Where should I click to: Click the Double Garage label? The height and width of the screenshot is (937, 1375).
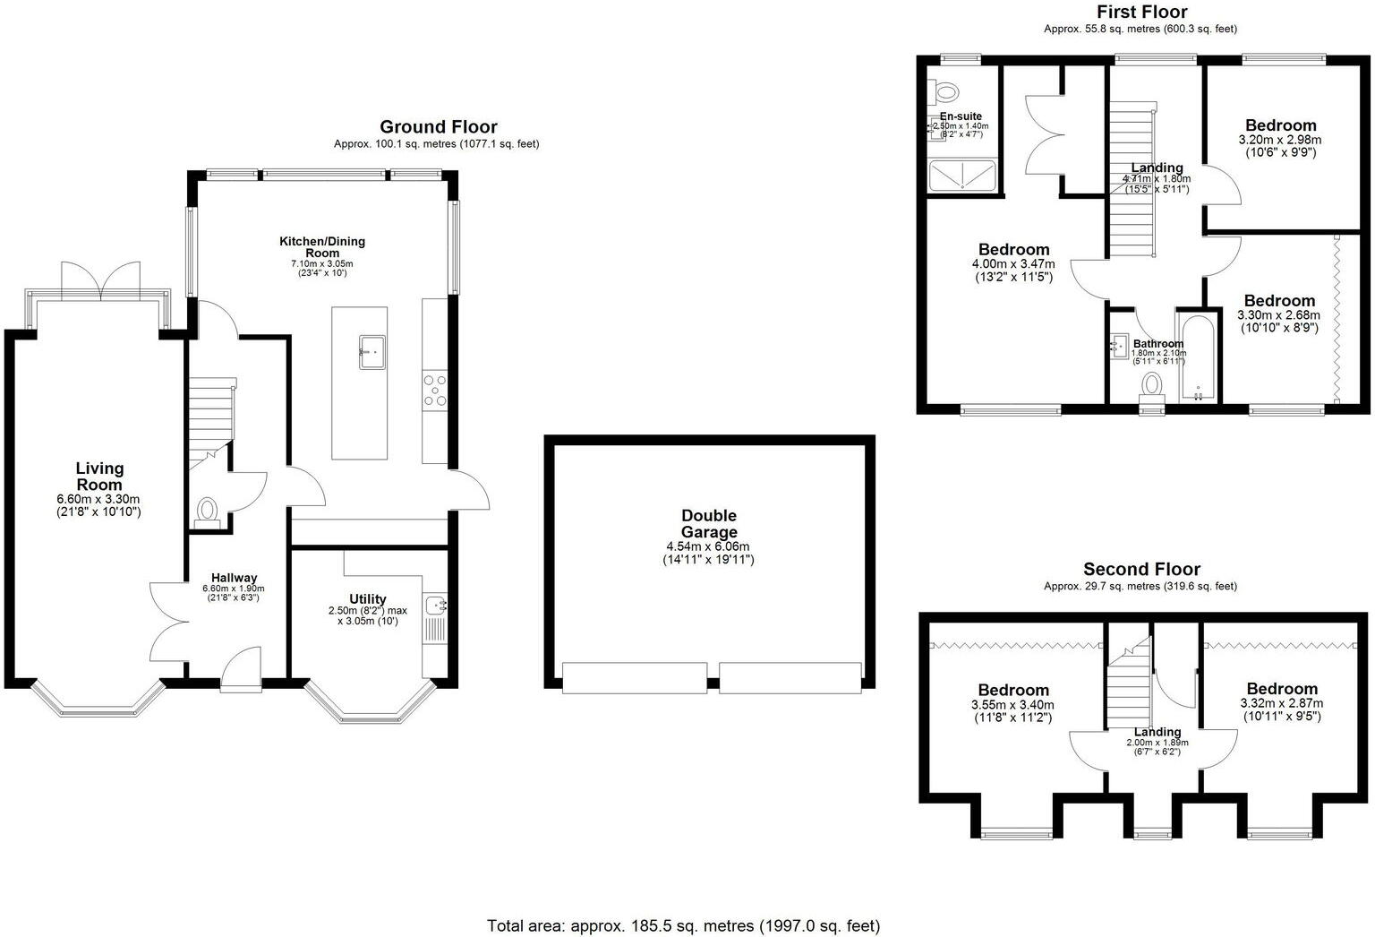(709, 523)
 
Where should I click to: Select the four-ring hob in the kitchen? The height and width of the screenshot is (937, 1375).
(435, 391)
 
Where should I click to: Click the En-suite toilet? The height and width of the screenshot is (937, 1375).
(944, 91)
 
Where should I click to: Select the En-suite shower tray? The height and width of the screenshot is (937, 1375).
(962, 176)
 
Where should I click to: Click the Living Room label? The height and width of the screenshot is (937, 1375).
(99, 476)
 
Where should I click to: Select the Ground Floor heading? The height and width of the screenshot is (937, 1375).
(438, 126)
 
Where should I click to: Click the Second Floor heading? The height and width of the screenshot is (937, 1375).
(1141, 569)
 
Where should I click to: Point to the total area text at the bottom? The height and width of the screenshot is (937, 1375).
(683, 925)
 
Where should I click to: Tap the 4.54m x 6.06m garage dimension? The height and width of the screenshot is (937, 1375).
(707, 546)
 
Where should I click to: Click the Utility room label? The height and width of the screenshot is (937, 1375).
(368, 598)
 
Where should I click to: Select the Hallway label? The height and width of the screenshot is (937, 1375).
(235, 578)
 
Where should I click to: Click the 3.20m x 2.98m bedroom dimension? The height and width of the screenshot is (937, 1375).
(1280, 140)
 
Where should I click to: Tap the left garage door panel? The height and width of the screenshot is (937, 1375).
(635, 677)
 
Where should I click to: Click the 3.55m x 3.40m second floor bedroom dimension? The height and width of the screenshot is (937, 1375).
(1013, 705)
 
